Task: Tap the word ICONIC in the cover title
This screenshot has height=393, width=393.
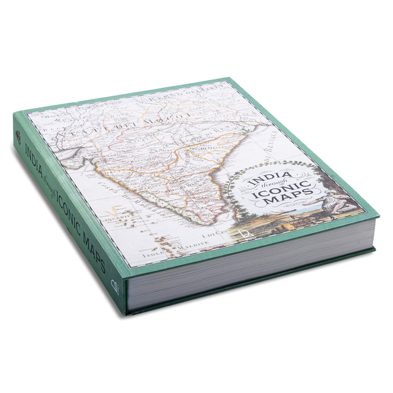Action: click(x=283, y=189)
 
